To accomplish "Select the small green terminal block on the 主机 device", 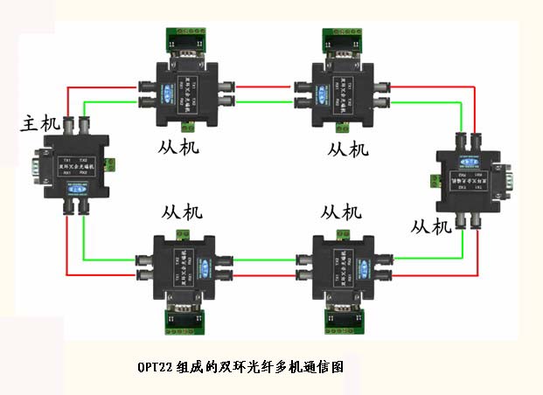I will [x=110, y=163].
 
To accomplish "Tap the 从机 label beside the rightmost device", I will [x=431, y=226].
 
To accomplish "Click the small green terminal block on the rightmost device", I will [x=434, y=180].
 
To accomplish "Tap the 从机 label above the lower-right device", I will [x=341, y=212].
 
